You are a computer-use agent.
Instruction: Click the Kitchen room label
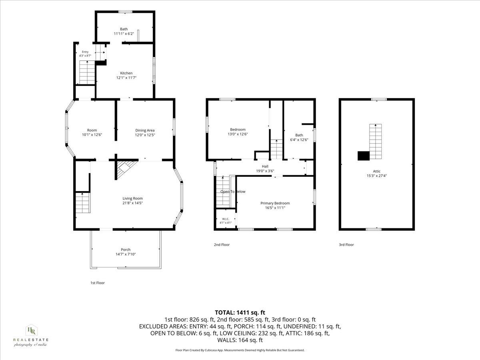tap(126, 73)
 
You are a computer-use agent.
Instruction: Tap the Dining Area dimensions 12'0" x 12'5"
tap(145, 135)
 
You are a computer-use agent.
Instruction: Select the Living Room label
tap(132, 198)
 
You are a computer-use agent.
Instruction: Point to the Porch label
tap(126, 249)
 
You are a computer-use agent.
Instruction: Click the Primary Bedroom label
tap(275, 203)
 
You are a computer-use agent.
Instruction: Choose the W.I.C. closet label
tap(226, 219)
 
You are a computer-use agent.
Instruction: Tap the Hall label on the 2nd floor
tap(265, 166)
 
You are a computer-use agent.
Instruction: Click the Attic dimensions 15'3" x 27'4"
tap(376, 176)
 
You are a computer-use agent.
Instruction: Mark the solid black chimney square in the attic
tap(364, 156)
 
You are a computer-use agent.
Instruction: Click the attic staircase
tap(376, 142)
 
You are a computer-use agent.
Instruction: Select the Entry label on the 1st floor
tap(85, 52)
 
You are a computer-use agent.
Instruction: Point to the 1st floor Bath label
tap(124, 29)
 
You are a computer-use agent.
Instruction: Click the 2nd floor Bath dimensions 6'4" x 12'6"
tap(299, 140)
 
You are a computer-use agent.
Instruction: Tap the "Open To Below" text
tap(233, 192)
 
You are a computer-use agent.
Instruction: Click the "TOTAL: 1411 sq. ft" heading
tap(240, 312)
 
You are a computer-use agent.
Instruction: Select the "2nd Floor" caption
tap(222, 244)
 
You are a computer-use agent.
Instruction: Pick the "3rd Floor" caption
tap(346, 244)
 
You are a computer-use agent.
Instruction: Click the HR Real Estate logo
tap(31, 336)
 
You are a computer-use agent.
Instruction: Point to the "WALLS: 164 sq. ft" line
tap(240, 340)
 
